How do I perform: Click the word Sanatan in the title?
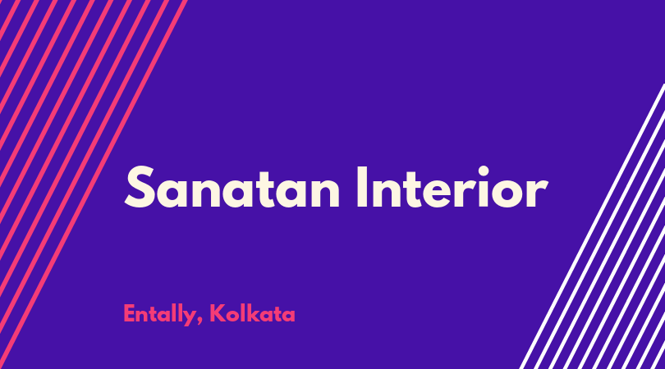tap(232, 187)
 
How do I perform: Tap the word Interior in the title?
tap(452, 187)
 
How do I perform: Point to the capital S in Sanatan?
tap(139, 187)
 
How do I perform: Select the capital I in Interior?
tap(362, 187)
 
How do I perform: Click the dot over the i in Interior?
tap(484, 171)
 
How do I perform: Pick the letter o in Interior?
tap(512, 194)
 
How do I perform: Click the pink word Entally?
tap(159, 314)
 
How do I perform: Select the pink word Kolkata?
tap(252, 313)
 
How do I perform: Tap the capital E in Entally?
tap(130, 313)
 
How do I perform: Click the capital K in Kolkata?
tap(217, 313)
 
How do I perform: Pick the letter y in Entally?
tap(189, 317)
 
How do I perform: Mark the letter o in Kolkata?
tap(232, 316)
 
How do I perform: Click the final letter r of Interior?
tap(540, 194)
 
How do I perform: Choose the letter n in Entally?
tap(143, 316)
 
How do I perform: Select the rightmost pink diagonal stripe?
tap(93, 184)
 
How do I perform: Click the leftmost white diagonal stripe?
tap(593, 226)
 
